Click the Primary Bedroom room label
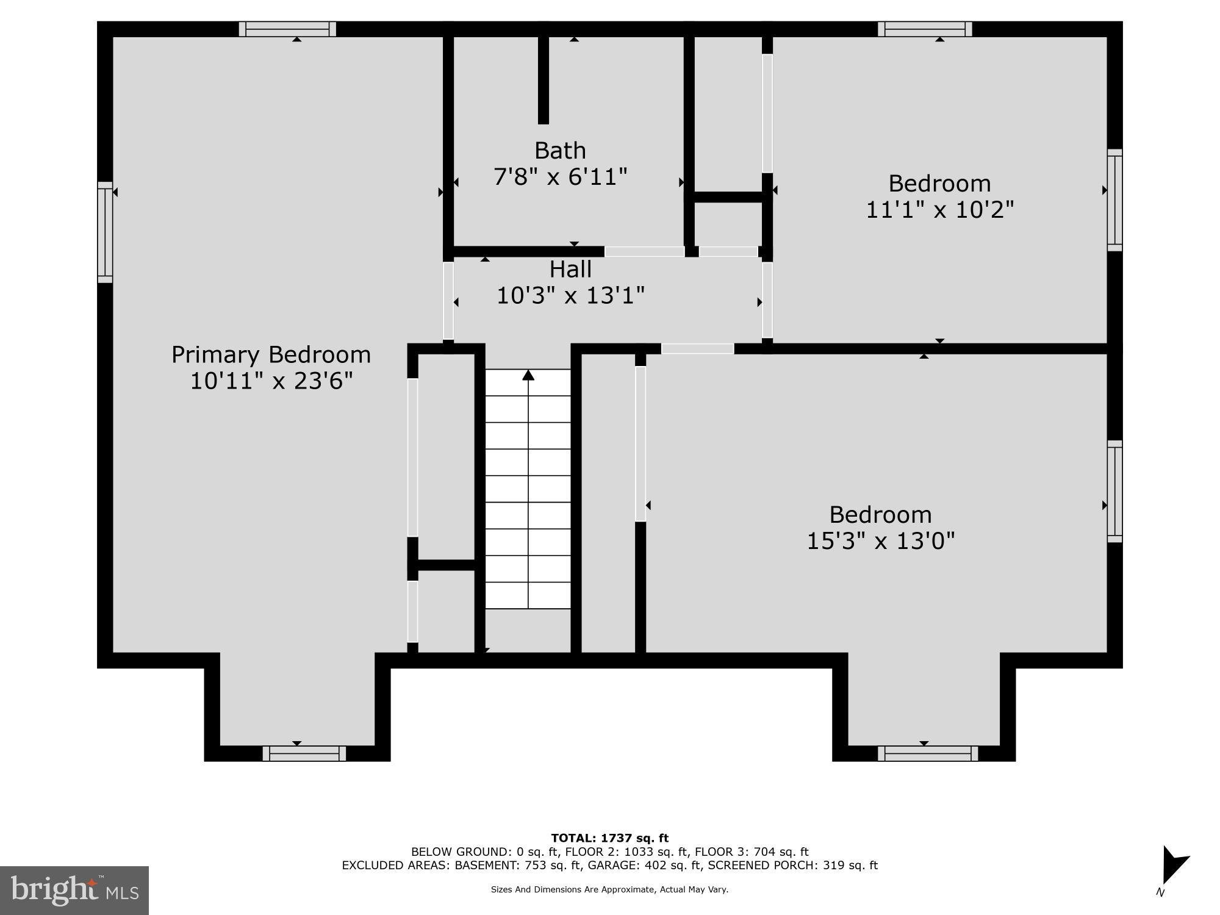(x=271, y=354)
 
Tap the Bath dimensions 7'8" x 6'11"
(x=560, y=178)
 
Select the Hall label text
(x=570, y=269)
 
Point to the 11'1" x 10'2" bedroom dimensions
(x=939, y=210)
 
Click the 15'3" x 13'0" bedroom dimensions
(x=880, y=541)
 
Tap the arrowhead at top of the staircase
(x=528, y=375)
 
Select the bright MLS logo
(x=74, y=890)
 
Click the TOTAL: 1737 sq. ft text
(x=609, y=838)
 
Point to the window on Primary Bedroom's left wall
(x=105, y=232)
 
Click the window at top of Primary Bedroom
(x=287, y=29)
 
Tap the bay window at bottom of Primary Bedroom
(x=304, y=753)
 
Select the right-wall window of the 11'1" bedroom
(x=1114, y=199)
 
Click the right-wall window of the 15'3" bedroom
(x=1114, y=491)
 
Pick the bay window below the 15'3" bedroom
(x=928, y=753)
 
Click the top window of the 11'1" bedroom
(x=925, y=29)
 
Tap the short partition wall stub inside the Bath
(x=543, y=79)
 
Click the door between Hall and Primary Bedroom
(x=448, y=300)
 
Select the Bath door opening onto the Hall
(x=644, y=251)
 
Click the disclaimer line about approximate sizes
(x=609, y=890)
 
